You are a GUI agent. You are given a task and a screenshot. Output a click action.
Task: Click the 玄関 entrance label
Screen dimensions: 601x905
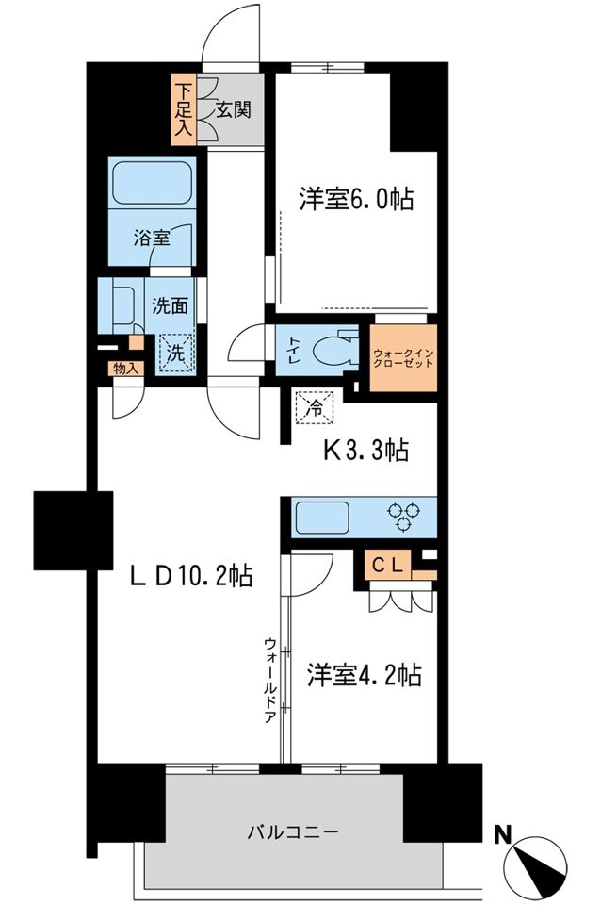(x=234, y=109)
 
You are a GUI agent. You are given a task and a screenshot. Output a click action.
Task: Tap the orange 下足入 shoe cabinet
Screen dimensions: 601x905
(x=184, y=108)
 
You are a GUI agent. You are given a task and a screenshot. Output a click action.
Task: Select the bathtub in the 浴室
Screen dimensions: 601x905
(x=153, y=182)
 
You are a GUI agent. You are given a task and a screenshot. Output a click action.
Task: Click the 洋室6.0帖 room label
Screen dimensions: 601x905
(x=355, y=199)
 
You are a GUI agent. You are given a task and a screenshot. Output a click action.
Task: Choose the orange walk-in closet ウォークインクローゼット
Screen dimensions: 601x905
(x=403, y=358)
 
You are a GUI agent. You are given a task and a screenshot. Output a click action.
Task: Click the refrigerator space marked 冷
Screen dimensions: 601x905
(x=315, y=407)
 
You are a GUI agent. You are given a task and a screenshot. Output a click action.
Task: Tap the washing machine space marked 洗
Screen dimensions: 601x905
(x=176, y=353)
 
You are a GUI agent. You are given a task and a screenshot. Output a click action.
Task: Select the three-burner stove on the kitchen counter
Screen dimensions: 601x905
(x=404, y=516)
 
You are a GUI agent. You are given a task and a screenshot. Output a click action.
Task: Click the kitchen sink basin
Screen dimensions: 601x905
(x=323, y=518)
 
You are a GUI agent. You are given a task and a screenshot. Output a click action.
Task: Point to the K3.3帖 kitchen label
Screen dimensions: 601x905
(x=366, y=451)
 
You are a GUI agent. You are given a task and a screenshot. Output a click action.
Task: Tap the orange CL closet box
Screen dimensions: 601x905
(x=387, y=565)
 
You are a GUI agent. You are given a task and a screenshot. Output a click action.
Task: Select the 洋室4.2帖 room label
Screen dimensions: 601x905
(x=364, y=674)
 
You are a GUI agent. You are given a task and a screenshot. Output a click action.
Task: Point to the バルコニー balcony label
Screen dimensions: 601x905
(x=293, y=831)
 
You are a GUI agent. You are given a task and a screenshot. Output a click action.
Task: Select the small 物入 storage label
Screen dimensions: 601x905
(x=125, y=369)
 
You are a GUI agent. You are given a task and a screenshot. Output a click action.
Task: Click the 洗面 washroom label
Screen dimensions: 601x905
(x=171, y=305)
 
